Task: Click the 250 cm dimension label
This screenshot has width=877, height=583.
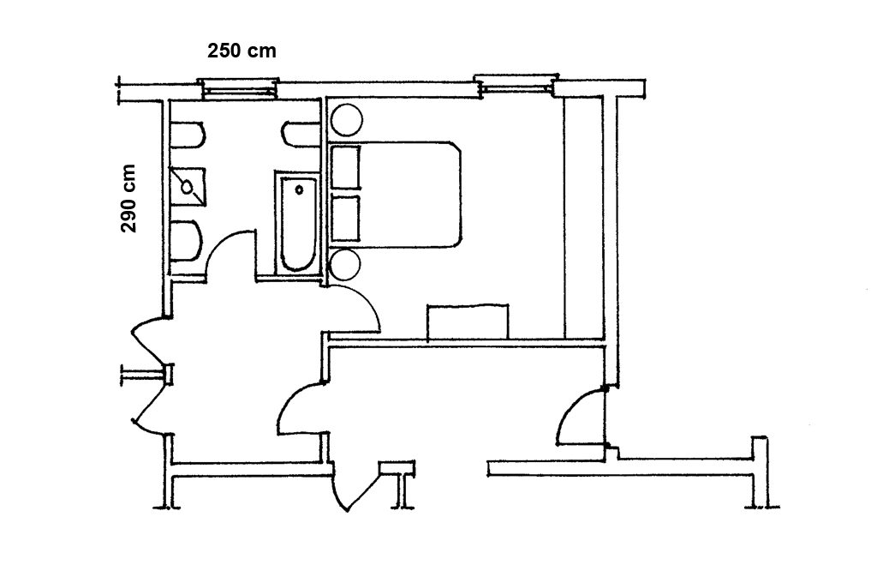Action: coord(242,51)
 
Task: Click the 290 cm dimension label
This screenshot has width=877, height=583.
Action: coord(128,198)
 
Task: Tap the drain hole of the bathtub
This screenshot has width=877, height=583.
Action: coord(299,189)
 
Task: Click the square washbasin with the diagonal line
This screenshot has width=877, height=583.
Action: coord(188,187)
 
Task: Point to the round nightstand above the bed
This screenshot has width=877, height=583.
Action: coord(347,119)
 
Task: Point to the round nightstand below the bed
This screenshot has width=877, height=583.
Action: coord(343,265)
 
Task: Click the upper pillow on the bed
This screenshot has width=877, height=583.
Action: coord(344,167)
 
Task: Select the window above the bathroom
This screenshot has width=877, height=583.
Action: coord(240,88)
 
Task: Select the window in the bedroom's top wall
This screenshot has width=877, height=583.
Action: coord(516,85)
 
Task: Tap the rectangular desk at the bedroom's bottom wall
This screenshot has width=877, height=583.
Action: coord(468,322)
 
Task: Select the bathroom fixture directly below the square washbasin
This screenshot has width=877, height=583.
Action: coord(185,241)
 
